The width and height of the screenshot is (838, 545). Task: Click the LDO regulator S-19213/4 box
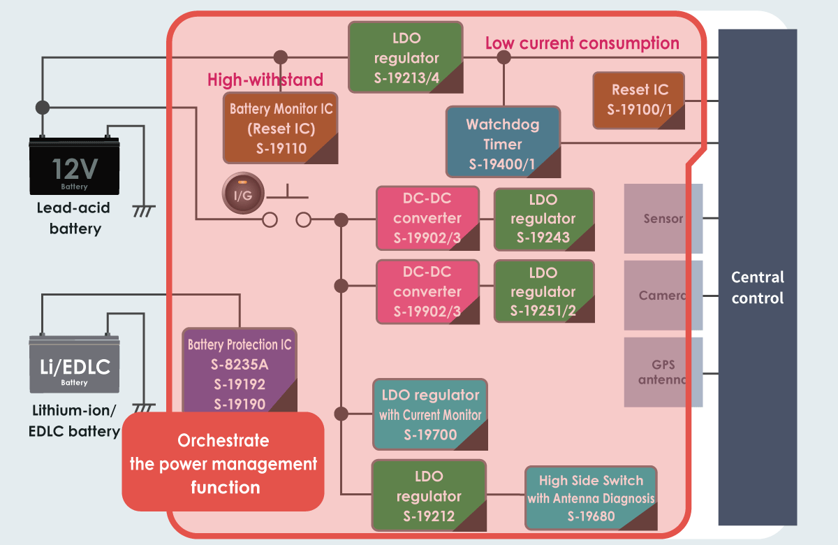point(406,57)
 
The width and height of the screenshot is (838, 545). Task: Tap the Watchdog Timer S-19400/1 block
point(503,144)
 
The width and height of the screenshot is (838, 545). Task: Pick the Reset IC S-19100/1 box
point(639,99)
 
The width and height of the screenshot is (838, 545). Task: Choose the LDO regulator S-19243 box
point(543,219)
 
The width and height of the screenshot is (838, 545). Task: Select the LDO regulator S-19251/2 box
point(543,291)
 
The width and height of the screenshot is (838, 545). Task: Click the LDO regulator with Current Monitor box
point(429,414)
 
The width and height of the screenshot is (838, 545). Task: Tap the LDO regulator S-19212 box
point(429,496)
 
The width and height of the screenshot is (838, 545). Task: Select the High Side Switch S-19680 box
point(591,497)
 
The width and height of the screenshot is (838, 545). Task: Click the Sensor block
point(663,219)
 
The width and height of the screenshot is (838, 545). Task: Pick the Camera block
point(663,296)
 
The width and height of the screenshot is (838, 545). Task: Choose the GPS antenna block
point(663,372)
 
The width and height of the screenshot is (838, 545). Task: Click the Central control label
point(758,287)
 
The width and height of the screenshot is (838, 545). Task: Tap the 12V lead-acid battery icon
point(74,166)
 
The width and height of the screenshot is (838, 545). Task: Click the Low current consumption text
point(582,43)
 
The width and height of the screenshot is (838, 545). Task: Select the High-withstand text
point(265,80)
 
